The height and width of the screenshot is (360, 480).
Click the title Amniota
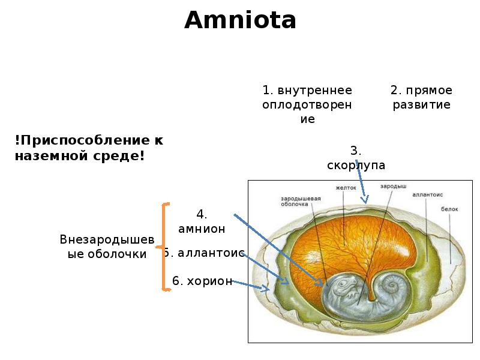241,20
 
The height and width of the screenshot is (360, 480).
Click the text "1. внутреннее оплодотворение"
307,104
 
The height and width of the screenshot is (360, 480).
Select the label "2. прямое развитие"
422,97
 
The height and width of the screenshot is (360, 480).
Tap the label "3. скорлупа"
356,158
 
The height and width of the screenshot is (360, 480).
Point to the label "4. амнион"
202,221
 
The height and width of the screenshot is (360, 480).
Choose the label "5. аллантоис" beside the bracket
204,253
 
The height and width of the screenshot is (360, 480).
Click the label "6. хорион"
202,281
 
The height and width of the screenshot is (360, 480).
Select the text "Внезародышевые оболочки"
107,247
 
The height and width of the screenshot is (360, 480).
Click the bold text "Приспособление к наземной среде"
89,148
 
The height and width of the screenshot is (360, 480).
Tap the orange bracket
164,247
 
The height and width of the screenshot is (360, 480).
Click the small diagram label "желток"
346,188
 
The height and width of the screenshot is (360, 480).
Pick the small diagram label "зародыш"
394,186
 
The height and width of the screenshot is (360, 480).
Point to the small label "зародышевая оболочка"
301,201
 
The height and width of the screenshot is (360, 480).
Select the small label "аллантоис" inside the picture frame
427,194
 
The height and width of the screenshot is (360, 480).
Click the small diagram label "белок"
449,209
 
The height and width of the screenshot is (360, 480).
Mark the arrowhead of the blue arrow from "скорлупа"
365,200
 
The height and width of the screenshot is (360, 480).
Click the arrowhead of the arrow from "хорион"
266,288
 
